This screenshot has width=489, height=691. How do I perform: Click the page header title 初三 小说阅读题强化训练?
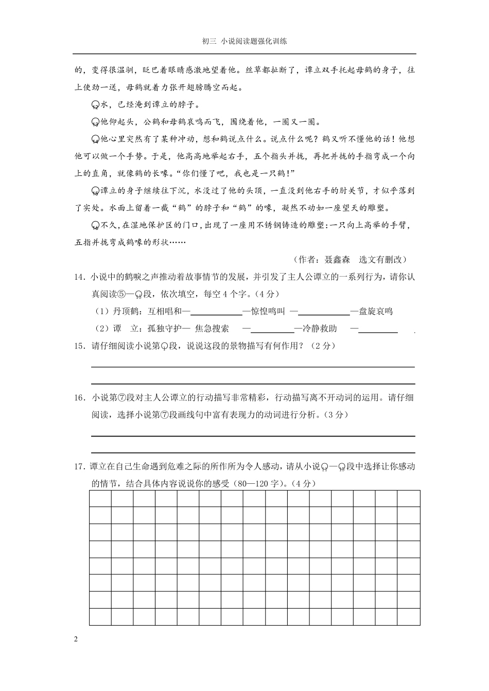(244, 42)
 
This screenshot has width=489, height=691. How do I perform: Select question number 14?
(80, 277)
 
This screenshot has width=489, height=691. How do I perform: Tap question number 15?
(80, 346)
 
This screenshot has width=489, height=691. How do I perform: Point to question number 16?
(80, 397)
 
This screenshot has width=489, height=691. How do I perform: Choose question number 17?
(80, 467)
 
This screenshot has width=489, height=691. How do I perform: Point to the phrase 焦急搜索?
(212, 329)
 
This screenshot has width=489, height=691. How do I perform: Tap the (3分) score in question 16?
(337, 415)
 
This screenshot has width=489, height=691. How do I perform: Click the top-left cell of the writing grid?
(100, 499)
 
